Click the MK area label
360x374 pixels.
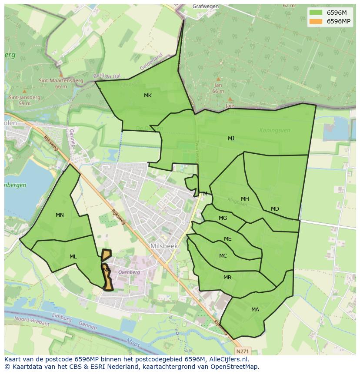pos(148,96)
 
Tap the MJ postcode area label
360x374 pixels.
pos(231,139)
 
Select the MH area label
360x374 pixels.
pos(245,199)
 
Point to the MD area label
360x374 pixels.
pos(275,209)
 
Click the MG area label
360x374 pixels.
pos(223,218)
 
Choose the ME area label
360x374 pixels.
pos(227,239)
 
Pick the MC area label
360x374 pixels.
pos(223,256)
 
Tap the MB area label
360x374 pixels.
pos(227,278)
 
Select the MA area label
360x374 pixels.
pos(255,310)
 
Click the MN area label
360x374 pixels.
pos(60,215)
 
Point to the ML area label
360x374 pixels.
pos(73,257)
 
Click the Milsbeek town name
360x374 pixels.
pos(164,246)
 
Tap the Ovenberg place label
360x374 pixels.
pos(130,272)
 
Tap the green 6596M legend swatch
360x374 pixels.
pos(316,12)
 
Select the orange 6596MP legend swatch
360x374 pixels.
pos(316,21)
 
